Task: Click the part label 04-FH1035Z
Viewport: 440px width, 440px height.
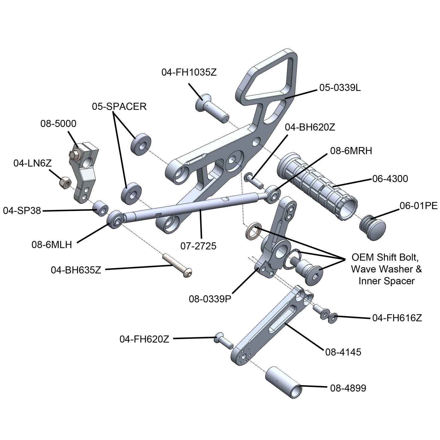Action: point(189,72)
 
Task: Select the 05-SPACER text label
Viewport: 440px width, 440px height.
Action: point(119,106)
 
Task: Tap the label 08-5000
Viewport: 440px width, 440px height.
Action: point(58,123)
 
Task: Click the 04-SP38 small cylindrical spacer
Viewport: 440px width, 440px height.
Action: point(100,208)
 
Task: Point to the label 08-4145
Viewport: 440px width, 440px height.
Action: point(343,352)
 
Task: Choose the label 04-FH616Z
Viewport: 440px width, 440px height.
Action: point(397,318)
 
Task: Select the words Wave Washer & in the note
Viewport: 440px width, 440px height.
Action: point(386,269)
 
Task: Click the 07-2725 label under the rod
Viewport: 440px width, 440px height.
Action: point(198,246)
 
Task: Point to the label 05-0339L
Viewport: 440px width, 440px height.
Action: point(340,88)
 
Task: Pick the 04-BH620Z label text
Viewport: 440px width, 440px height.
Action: point(310,127)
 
